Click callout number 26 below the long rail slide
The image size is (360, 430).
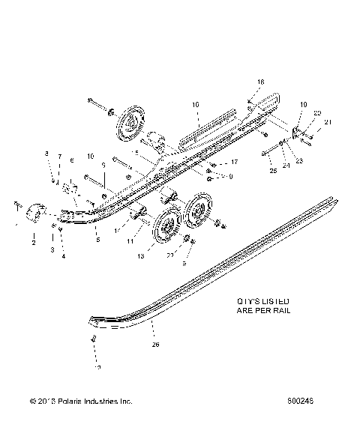tap(155, 345)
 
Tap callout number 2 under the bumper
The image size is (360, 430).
tap(33, 243)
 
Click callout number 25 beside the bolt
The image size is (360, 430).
tap(251, 172)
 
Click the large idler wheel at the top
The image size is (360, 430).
tap(131, 124)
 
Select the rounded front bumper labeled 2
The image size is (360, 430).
tap(37, 213)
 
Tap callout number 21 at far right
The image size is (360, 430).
tap(327, 121)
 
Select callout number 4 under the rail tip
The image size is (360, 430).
tap(64, 257)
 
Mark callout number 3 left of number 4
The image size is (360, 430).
tap(52, 249)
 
